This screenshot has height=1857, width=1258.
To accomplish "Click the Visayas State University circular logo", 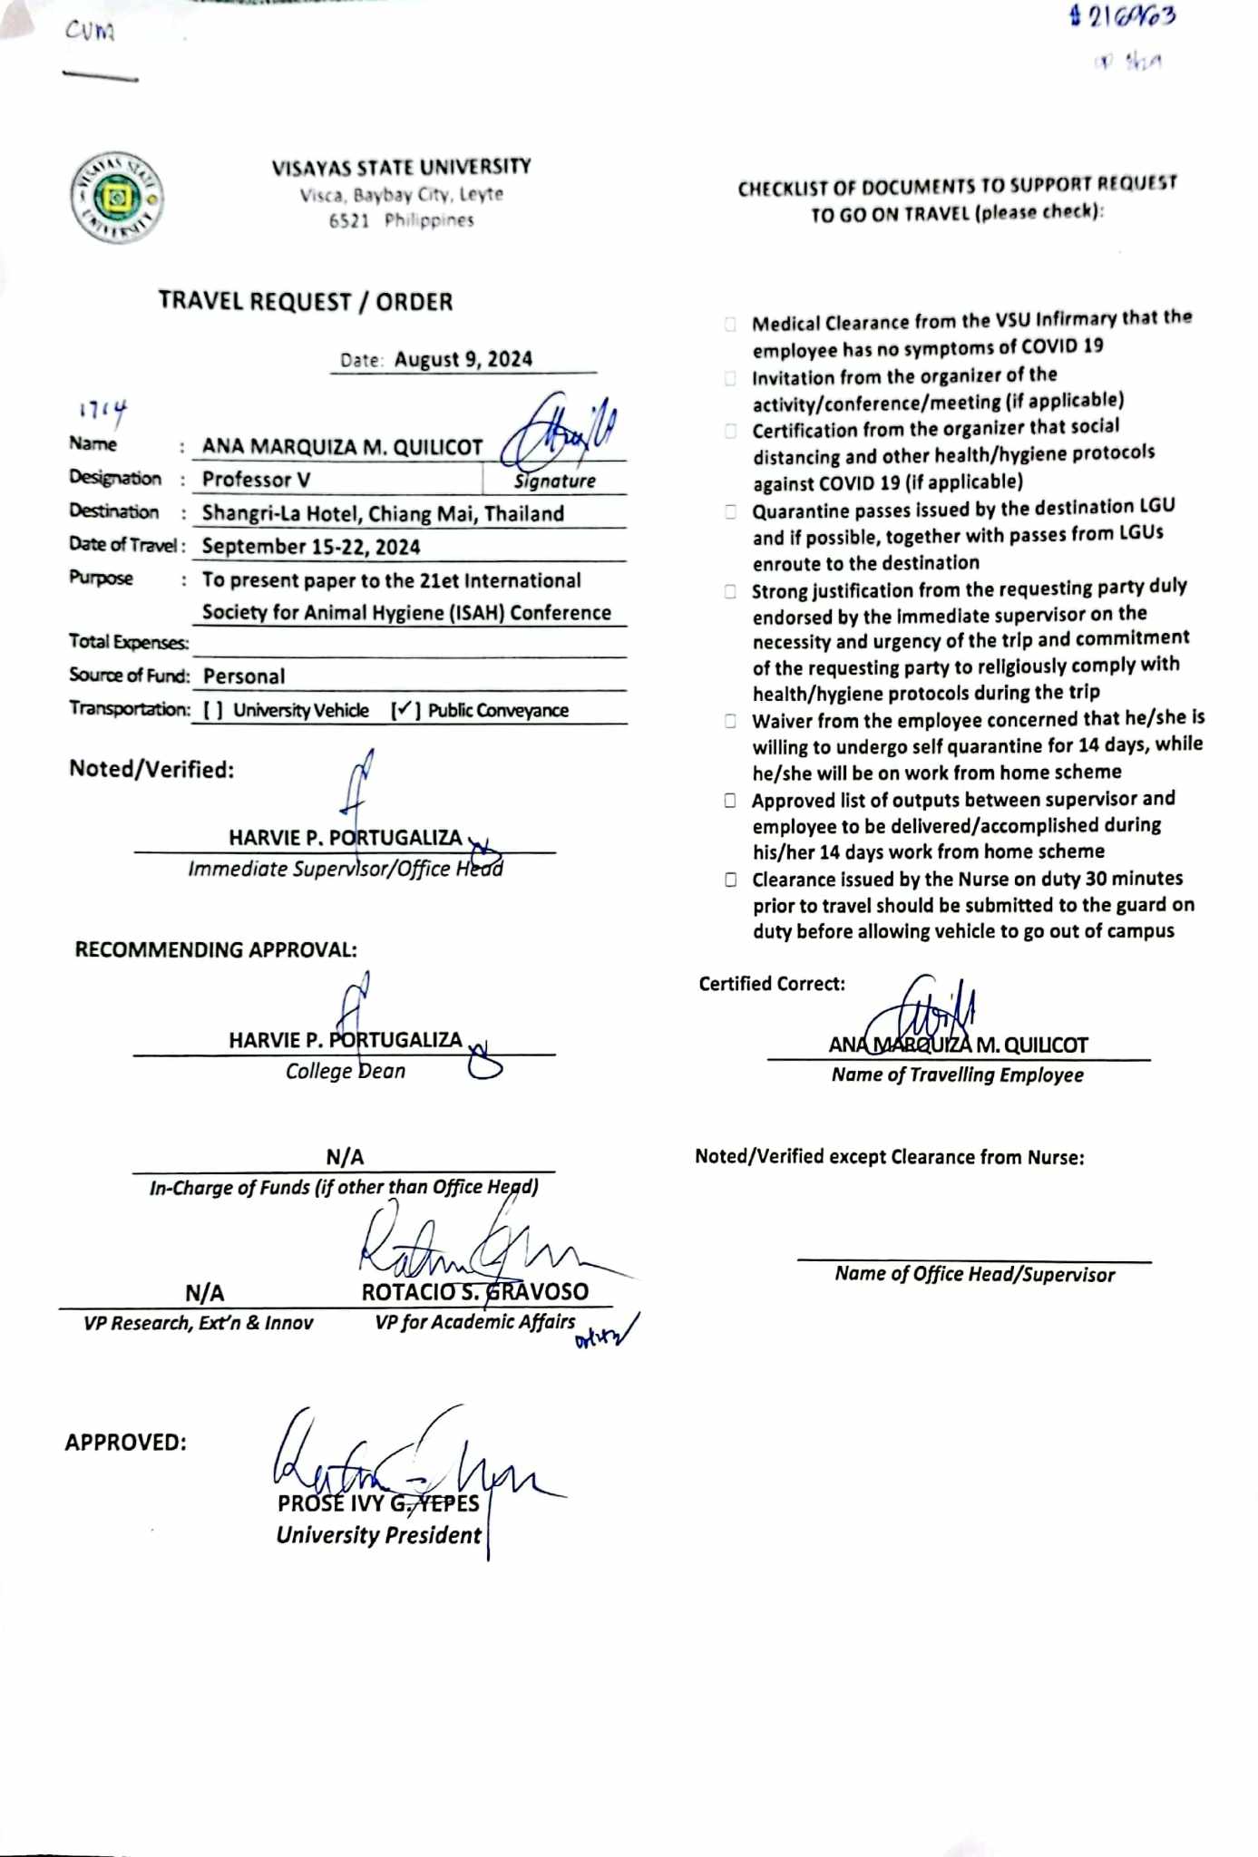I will coord(117,197).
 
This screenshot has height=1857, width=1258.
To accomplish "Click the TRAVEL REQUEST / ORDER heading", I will coord(306,302).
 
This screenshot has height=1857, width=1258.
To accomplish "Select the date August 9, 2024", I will coord(463,359).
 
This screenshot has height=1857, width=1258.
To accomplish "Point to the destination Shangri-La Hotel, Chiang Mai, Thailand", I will coord(383,514).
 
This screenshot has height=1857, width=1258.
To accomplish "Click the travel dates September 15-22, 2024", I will coord(311,547).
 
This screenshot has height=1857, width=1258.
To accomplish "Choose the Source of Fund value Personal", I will coord(244,676).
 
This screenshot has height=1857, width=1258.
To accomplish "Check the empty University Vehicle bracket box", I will coord(212,711).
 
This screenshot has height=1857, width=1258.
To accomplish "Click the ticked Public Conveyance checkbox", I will coord(405,710).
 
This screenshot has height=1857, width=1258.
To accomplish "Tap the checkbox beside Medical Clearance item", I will coord(730,324).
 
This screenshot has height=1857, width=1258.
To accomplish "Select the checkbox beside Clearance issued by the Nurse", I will coord(730,880).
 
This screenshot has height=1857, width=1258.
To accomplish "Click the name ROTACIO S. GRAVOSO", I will coord(474,1292).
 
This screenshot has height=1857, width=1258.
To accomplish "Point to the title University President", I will coord(378,1535).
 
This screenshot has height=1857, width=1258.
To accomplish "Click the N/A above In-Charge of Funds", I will coord(345,1157).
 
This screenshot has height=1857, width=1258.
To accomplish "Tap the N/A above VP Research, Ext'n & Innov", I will coord(204,1293).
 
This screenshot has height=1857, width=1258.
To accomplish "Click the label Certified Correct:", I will coord(771,984).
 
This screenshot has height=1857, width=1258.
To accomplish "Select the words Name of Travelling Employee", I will coord(957,1075).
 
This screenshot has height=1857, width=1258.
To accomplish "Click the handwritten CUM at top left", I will coord(90,32).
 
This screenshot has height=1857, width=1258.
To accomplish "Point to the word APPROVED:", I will coord(125,1443).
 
